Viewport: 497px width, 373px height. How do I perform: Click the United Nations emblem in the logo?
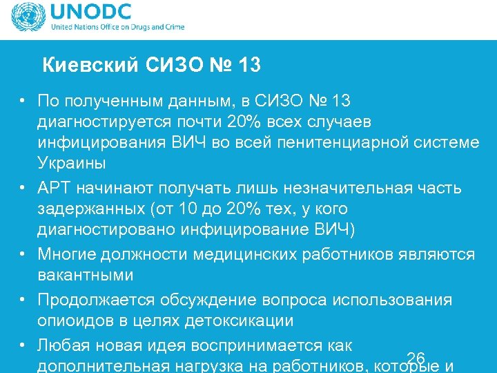coord(26,19)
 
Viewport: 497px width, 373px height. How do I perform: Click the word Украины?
coord(72,164)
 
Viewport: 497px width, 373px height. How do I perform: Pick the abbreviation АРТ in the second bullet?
coord(54,188)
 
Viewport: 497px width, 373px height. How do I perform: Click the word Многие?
coord(68,254)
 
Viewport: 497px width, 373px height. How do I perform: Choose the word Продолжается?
coord(87,300)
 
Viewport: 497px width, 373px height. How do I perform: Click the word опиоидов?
coord(74,321)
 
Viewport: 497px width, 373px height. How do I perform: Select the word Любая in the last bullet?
coord(63,345)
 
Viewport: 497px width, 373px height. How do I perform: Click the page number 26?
coord(416,357)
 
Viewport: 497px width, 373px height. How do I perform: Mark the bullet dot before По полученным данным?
coord(23,102)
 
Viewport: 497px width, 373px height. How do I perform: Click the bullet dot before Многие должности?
coord(23,254)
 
